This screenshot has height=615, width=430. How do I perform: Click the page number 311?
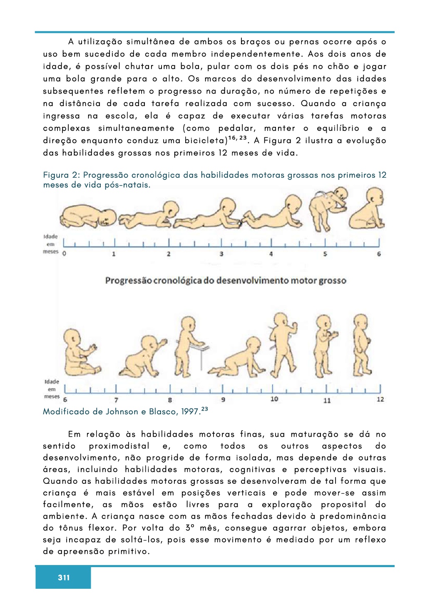click(64, 577)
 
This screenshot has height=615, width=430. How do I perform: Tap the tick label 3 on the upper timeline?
click(221, 254)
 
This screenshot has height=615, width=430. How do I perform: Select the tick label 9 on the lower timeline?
click(223, 400)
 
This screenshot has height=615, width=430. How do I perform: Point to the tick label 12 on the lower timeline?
click(380, 399)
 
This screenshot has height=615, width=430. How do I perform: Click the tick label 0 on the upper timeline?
click(64, 254)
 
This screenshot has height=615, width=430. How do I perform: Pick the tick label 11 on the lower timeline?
click(327, 400)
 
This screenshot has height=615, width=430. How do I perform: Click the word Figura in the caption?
click(55, 175)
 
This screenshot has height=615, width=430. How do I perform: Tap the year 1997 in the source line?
click(191, 412)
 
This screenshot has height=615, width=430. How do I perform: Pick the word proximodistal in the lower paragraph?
click(119, 446)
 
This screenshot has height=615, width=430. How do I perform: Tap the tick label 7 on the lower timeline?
click(116, 400)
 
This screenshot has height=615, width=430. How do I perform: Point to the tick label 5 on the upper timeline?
click(325, 254)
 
